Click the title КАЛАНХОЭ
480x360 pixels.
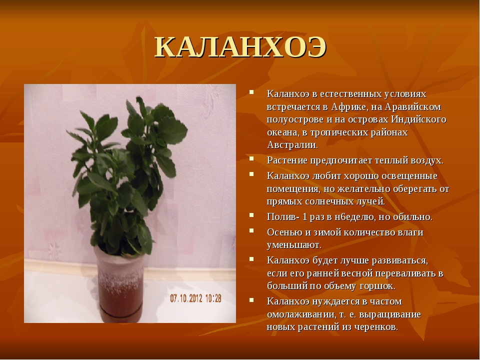(240, 48)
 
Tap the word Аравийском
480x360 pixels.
(413, 107)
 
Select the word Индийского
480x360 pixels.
(418, 119)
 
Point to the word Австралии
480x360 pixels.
(292, 145)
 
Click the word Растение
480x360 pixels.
(287, 160)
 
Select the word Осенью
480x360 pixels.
(284, 232)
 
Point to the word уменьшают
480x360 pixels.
(294, 245)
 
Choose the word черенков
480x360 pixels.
(376, 327)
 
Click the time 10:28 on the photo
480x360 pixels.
(213, 298)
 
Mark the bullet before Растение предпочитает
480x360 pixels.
(251, 158)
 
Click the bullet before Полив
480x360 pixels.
(251, 215)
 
